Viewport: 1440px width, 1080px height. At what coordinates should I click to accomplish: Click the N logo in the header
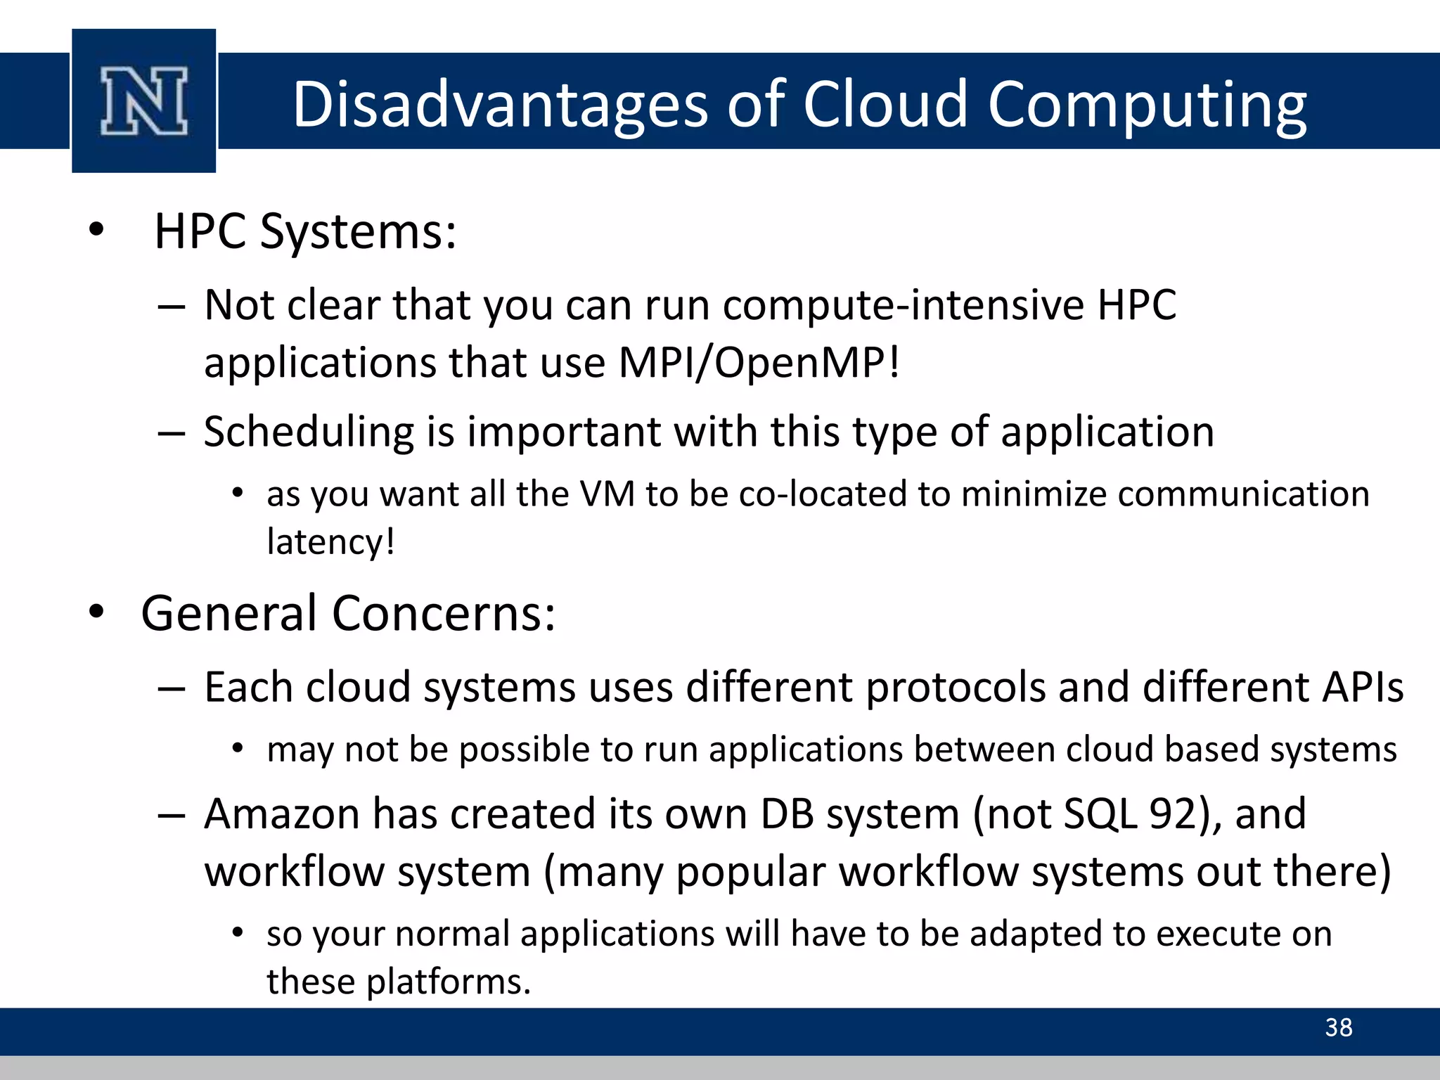point(144,101)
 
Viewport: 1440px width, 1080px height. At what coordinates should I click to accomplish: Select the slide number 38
point(1338,1027)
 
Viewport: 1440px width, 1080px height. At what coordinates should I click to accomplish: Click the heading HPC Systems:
point(305,231)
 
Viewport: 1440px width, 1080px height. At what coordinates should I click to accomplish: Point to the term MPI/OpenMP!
point(759,363)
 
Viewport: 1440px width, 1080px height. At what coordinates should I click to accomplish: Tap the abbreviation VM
point(607,494)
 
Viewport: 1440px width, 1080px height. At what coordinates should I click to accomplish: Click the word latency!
point(330,542)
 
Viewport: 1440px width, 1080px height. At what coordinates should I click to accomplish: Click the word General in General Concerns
point(229,613)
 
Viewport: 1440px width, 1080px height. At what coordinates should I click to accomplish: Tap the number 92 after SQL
point(1173,814)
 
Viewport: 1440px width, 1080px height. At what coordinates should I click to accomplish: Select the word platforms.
point(449,982)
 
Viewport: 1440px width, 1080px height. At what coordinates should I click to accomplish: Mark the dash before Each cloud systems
point(172,688)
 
